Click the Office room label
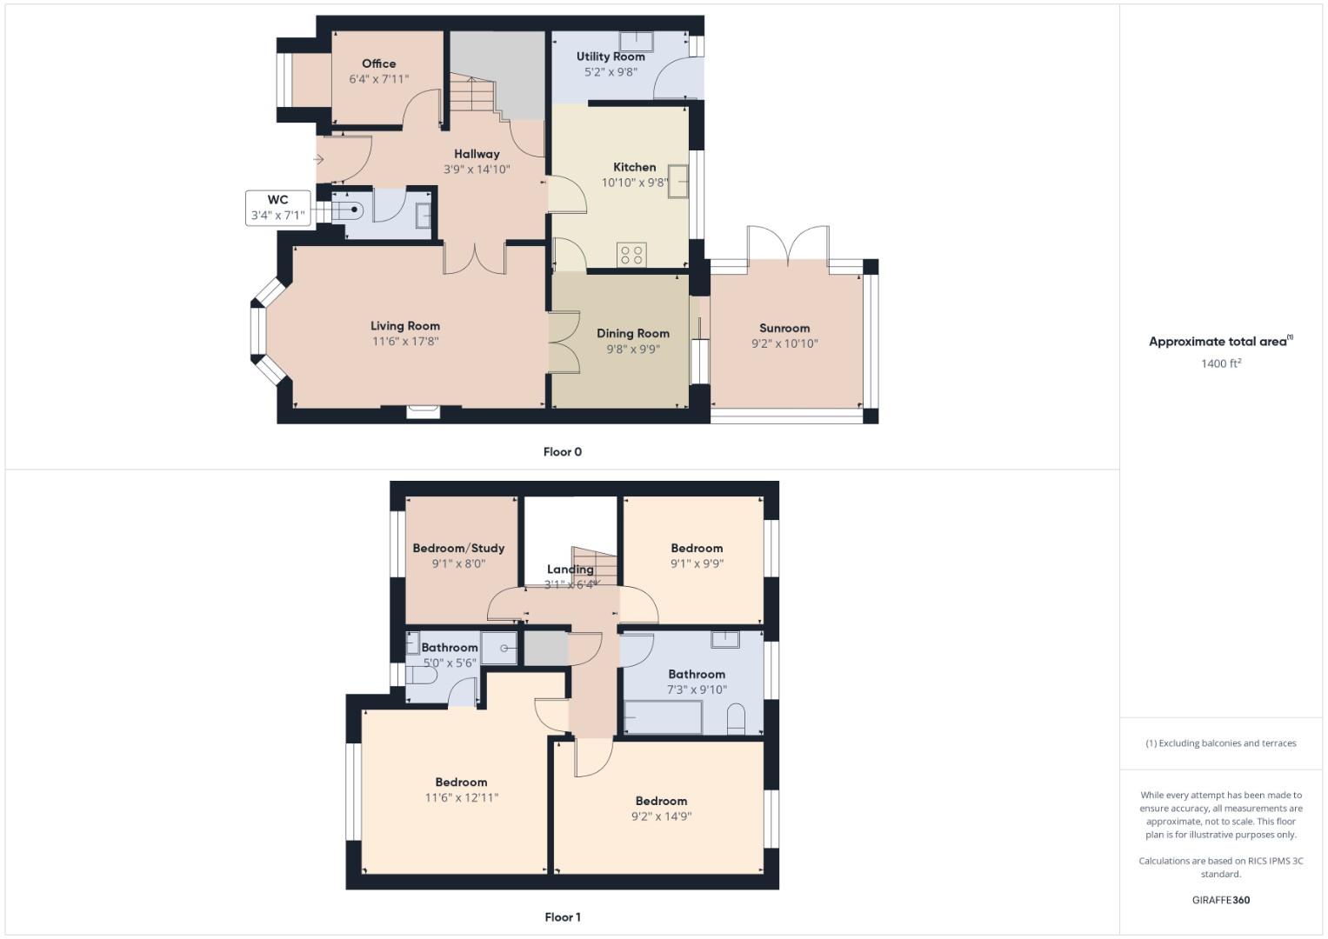coord(378,63)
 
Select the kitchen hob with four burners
coord(631,255)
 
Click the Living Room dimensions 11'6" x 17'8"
coord(405,342)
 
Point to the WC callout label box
coord(277,208)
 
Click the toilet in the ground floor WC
coord(345,209)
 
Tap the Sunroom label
coord(784,328)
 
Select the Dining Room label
coord(632,333)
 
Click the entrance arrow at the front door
coord(319,159)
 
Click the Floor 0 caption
coord(562,452)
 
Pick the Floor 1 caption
coord(562,917)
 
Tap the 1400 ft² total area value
coord(1220,363)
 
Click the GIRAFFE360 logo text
coord(1220,900)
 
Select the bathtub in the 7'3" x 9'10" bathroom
coord(663,717)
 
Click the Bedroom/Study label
coord(458,548)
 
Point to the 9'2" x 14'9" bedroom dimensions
coord(661,816)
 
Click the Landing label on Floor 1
coord(570,569)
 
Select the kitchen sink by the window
coord(678,181)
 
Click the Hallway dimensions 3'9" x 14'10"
coord(477,170)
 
